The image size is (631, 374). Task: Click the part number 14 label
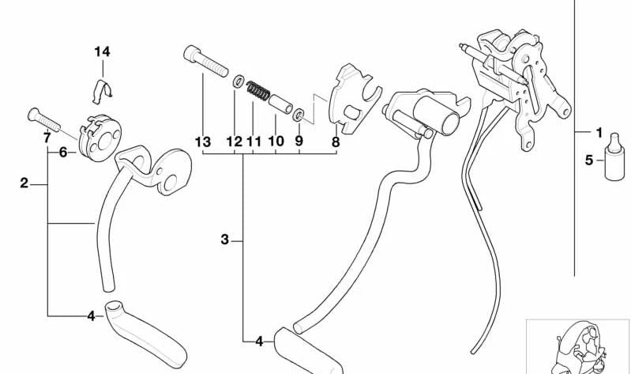[x=102, y=51]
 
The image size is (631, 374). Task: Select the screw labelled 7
[x=44, y=120]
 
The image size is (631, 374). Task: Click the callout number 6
[x=62, y=153]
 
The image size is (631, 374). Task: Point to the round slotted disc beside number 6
[x=100, y=138]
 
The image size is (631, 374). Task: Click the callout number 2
[x=24, y=183]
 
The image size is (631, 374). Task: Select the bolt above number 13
[x=205, y=61]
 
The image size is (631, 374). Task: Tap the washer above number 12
[x=239, y=81]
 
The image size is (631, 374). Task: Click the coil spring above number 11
[x=258, y=91]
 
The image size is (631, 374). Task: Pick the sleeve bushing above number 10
[x=280, y=104]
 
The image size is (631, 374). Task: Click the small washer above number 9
[x=299, y=115]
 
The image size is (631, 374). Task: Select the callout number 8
[x=336, y=142]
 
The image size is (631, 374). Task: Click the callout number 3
[x=224, y=240]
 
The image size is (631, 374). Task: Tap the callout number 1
[x=599, y=132]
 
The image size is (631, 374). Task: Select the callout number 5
[x=588, y=161]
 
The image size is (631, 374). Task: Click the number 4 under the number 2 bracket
[x=91, y=316]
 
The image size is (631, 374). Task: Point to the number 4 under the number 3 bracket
[x=259, y=342]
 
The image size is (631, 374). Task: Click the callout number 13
[x=203, y=142]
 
